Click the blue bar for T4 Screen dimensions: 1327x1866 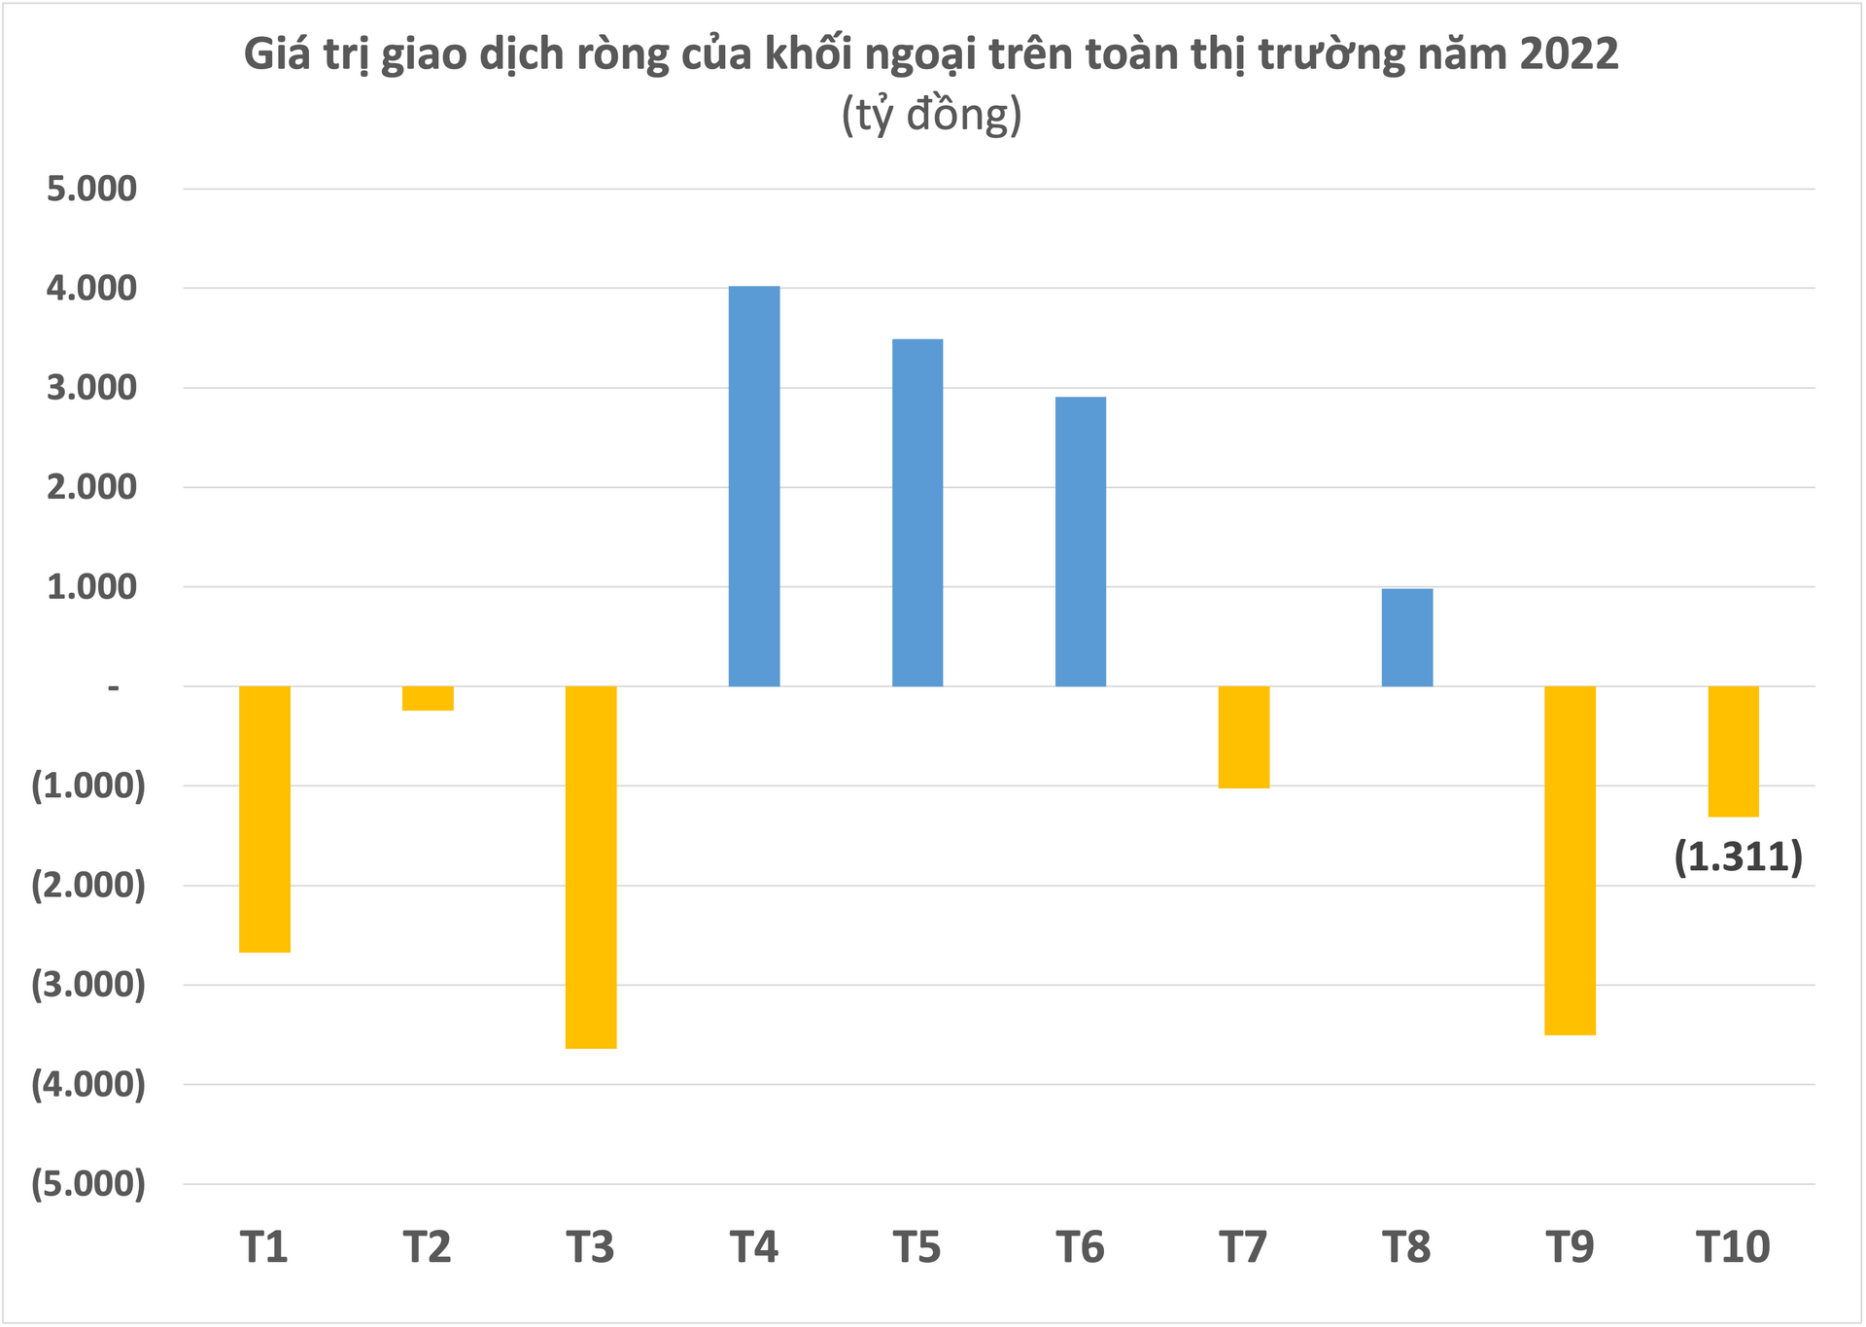click(754, 486)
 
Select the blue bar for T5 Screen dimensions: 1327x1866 click(917, 512)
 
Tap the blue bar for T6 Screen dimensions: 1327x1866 click(1081, 541)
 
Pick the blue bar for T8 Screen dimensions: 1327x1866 click(1407, 638)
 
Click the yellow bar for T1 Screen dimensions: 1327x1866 click(264, 819)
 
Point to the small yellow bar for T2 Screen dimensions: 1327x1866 click(428, 698)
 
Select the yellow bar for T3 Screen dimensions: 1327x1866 click(591, 867)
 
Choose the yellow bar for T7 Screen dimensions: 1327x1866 click(1244, 737)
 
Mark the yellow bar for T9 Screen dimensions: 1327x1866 click(1571, 860)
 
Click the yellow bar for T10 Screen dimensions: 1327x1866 click(1734, 751)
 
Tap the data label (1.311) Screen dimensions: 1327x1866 click(1738, 857)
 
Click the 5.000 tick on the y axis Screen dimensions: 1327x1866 click(91, 189)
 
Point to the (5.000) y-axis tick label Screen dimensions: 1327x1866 click(88, 1184)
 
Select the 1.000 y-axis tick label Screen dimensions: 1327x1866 click(91, 587)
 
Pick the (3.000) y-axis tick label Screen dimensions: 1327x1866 click(88, 985)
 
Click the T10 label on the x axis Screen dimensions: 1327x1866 click(1733, 1247)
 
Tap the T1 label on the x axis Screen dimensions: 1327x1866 click(264, 1247)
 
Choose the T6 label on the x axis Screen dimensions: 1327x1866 click(1081, 1247)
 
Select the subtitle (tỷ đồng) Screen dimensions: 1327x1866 click(931, 115)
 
